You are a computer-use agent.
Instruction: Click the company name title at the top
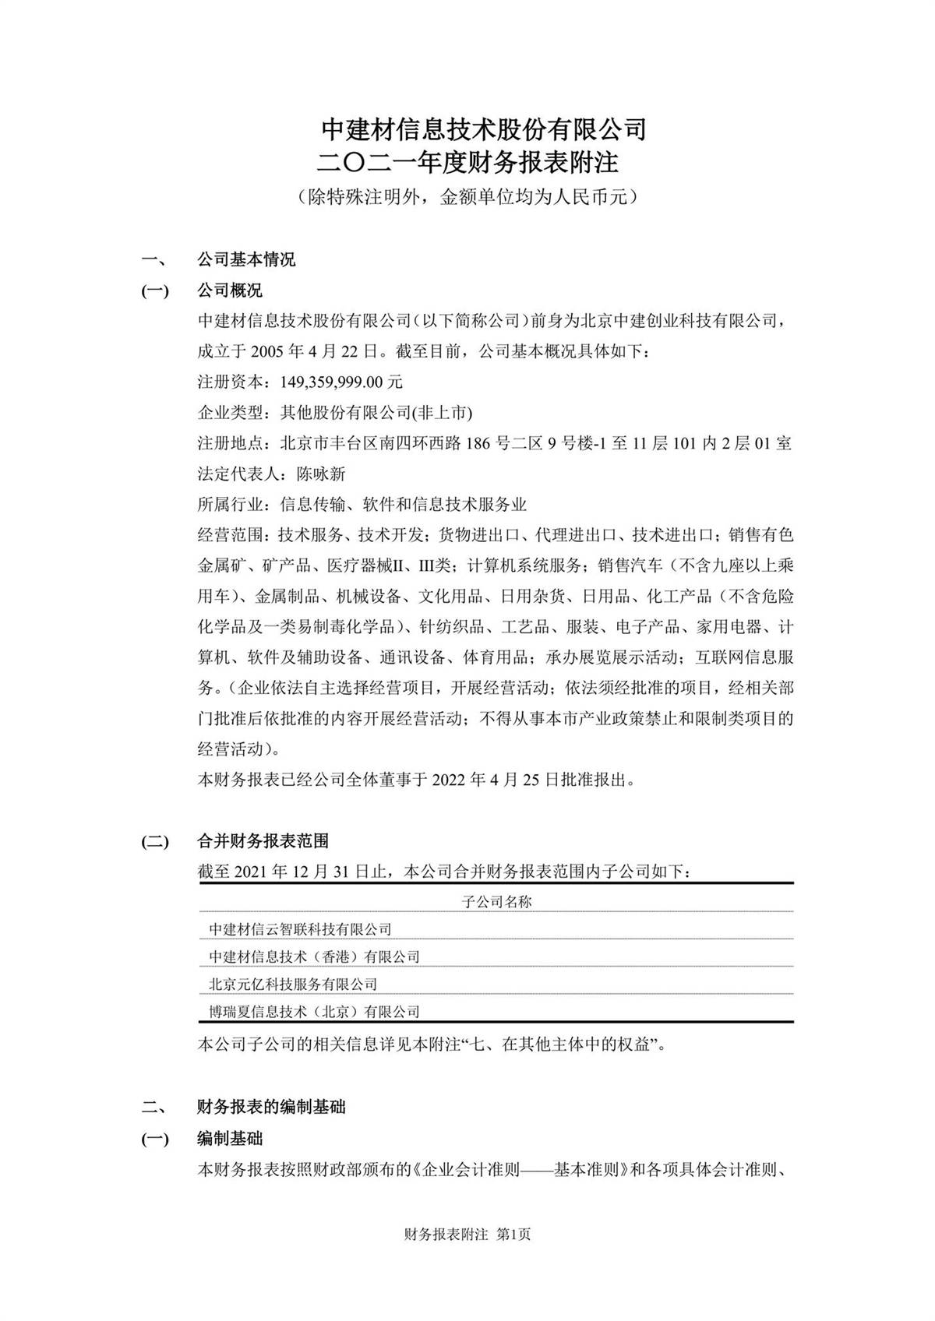484,129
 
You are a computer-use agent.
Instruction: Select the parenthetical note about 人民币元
467,197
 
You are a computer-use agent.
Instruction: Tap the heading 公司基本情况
245,259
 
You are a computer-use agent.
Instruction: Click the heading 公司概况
230,291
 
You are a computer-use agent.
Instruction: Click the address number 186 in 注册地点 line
478,444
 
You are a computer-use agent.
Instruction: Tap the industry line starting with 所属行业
362,504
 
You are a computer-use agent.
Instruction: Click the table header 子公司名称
496,902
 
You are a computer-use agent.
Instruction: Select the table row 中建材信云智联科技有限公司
300,929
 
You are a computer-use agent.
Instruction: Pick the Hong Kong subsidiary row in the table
314,956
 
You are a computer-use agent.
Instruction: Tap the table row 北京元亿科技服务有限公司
293,984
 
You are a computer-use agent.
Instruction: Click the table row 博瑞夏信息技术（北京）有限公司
314,1012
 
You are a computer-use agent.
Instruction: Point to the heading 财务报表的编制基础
271,1107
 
